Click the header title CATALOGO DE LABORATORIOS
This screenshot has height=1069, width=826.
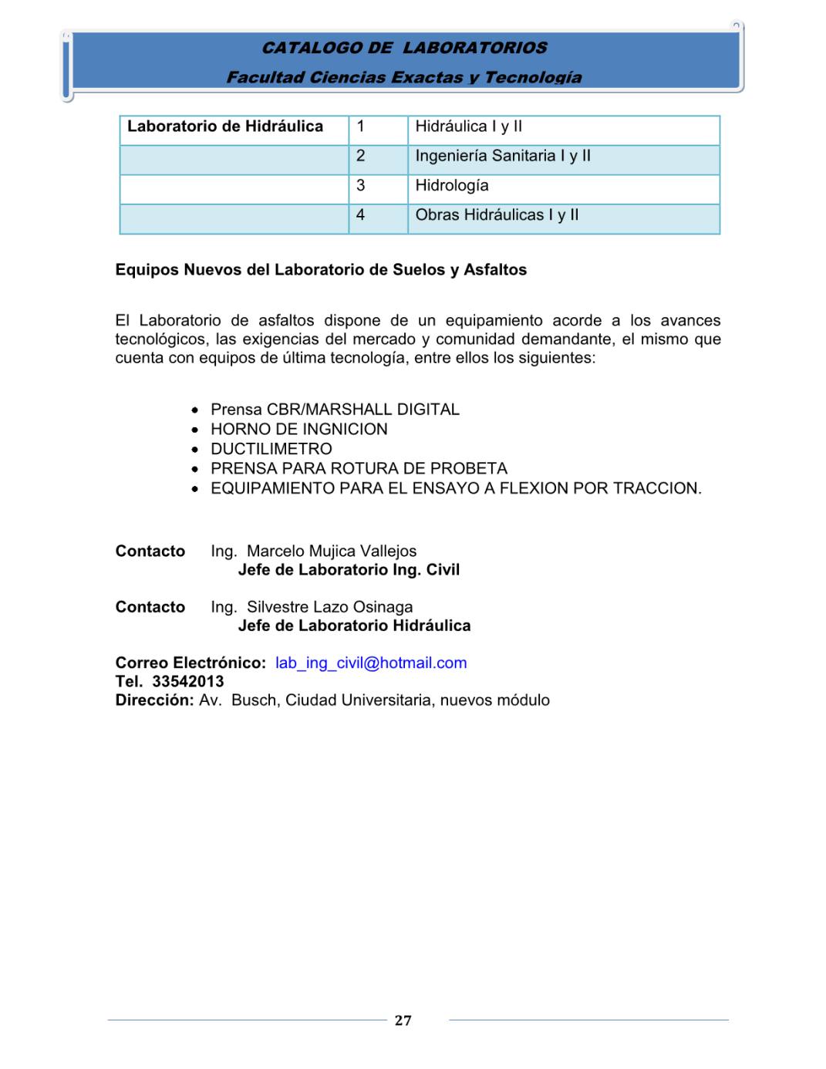[404, 48]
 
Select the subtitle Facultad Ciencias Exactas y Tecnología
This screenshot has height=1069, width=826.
[404, 77]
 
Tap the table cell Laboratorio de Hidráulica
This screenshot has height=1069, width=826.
[225, 126]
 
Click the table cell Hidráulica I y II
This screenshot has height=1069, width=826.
[468, 126]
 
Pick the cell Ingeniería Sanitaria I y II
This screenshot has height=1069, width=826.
[503, 156]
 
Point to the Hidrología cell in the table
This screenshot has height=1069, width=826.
[452, 186]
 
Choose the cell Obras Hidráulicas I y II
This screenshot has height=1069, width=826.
[497, 215]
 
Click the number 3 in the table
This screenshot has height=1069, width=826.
[360, 186]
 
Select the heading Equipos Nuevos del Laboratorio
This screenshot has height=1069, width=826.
[321, 270]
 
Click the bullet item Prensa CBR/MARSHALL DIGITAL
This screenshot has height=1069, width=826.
[335, 410]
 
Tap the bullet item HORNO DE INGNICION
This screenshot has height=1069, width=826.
[299, 430]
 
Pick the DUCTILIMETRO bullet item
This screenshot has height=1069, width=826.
[271, 449]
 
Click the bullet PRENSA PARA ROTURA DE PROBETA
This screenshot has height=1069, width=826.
[359, 469]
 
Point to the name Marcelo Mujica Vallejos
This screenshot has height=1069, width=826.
[332, 551]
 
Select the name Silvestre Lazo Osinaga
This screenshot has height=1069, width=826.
[329, 607]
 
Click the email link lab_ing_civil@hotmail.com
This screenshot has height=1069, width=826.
[371, 663]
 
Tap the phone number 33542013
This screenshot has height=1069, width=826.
[188, 682]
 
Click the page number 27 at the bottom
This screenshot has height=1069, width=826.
[403, 1020]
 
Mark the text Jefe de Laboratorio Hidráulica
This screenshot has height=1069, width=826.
[354, 626]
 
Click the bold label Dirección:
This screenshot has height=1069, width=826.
[154, 700]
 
